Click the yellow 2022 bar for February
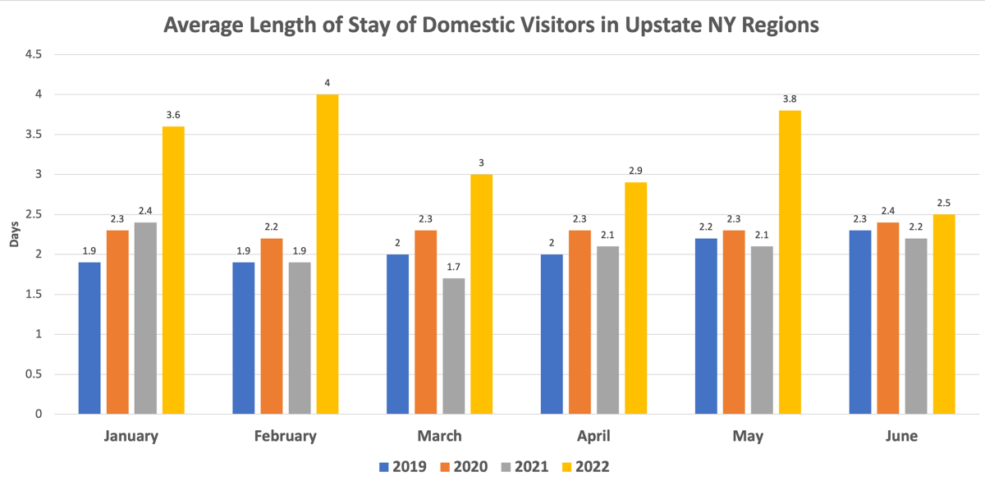click(x=328, y=254)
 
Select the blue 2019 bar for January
click(x=89, y=338)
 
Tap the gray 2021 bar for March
click(x=453, y=346)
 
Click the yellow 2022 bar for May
click(x=790, y=262)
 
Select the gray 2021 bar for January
click(x=145, y=318)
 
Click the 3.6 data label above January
click(x=173, y=116)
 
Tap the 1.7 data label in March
click(x=453, y=268)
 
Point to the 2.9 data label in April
click(x=635, y=172)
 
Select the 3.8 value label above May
click(x=790, y=99)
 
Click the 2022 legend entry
click(x=586, y=467)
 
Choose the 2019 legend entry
click(x=402, y=467)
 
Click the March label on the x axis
click(x=439, y=436)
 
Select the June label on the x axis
click(x=900, y=436)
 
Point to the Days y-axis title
click(x=14, y=235)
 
